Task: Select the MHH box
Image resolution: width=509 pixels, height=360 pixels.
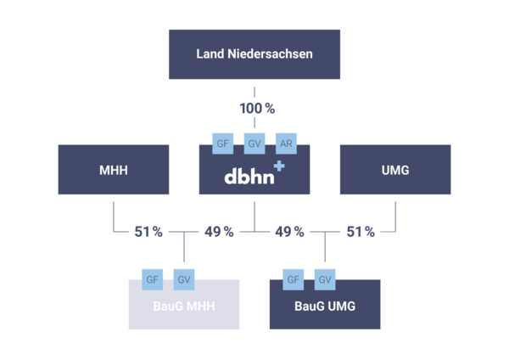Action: [113, 171]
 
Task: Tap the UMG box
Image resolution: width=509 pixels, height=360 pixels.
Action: [394, 171]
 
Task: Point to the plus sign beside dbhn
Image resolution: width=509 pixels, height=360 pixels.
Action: [279, 169]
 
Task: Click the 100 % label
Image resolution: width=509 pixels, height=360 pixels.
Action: [255, 109]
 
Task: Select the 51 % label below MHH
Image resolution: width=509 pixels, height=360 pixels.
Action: [148, 231]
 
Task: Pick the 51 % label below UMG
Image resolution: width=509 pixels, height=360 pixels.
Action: [360, 231]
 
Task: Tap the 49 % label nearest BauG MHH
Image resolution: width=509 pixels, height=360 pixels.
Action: [219, 231]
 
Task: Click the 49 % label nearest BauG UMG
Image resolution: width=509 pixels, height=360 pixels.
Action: [289, 231]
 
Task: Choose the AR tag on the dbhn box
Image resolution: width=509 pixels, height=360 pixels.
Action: [287, 143]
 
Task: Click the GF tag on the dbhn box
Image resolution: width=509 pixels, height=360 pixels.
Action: [224, 143]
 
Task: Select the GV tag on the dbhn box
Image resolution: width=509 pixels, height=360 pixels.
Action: [255, 143]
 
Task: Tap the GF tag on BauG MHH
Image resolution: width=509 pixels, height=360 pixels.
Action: [153, 278]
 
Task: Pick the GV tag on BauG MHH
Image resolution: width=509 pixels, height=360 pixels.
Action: [184, 278]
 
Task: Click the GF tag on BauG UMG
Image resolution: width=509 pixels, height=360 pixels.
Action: [294, 278]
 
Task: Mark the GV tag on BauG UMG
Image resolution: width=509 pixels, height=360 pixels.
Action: [325, 278]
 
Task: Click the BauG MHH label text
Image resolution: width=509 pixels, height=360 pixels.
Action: [183, 307]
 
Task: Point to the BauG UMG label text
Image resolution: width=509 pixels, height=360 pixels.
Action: [324, 307]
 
